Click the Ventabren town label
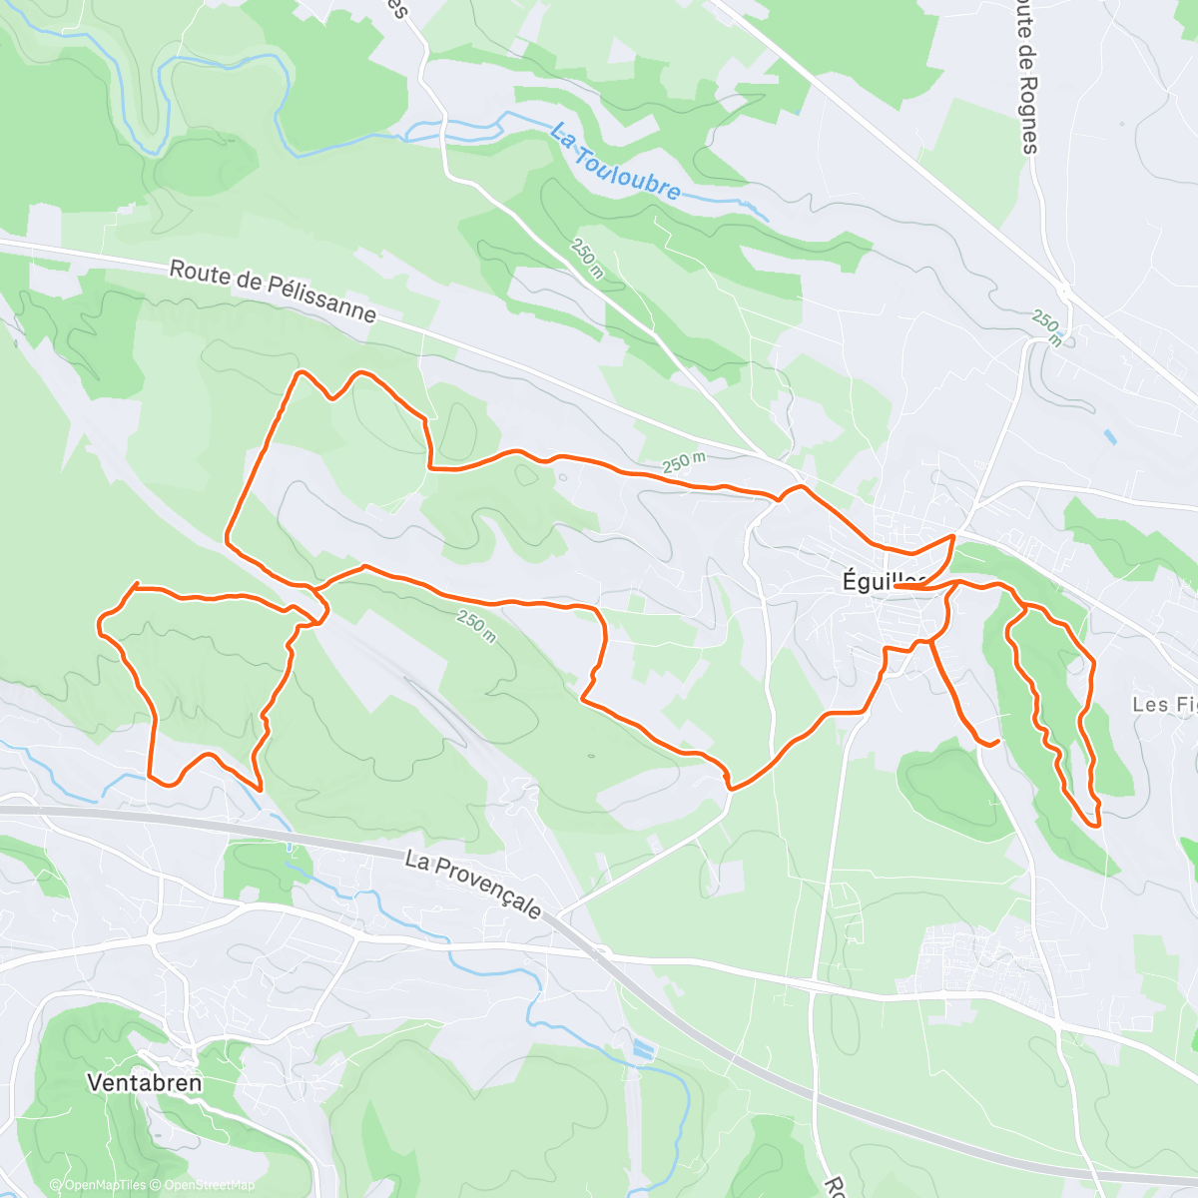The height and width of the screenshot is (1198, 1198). [x=144, y=1082]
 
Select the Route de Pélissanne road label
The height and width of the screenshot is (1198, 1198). [x=273, y=292]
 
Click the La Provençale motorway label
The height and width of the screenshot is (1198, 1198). [x=474, y=885]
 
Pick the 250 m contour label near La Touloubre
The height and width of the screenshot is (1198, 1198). [x=587, y=259]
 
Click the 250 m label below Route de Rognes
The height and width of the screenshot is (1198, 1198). [x=1047, y=327]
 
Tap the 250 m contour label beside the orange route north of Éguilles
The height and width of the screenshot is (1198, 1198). [x=684, y=464]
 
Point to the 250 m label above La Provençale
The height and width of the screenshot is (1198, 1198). [x=477, y=626]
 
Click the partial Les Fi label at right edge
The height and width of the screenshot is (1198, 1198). [x=1163, y=705]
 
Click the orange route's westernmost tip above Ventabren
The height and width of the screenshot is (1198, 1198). [x=99, y=626]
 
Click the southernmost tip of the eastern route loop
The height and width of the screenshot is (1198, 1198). [x=1097, y=825]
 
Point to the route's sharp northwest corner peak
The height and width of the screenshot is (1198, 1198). [x=299, y=373]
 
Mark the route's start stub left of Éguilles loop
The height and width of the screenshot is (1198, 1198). [x=896, y=587]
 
